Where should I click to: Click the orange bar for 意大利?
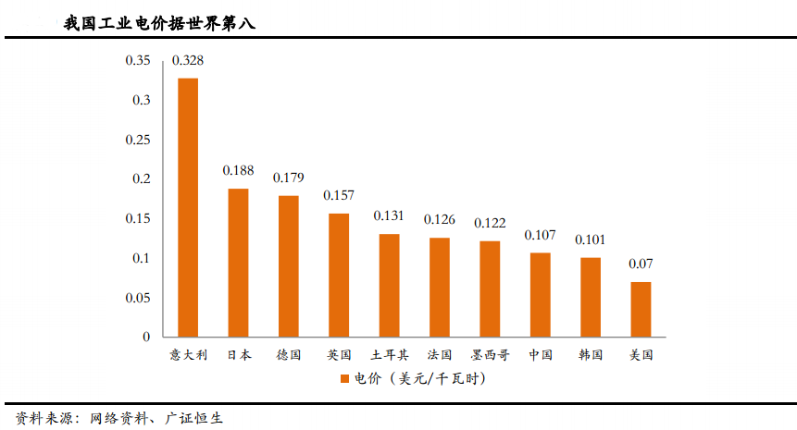(x=188, y=207)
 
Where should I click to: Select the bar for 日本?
(x=238, y=263)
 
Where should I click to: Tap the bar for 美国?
(x=641, y=309)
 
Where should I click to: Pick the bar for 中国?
(x=540, y=294)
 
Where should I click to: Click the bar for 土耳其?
(x=389, y=285)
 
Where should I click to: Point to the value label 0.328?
(x=188, y=61)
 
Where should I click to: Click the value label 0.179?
(x=289, y=178)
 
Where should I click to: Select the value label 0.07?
(x=641, y=264)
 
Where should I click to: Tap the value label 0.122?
(x=490, y=223)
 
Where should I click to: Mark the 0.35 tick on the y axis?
(x=138, y=61)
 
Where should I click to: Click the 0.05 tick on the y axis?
(x=138, y=298)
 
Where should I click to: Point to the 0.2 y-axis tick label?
(x=141, y=179)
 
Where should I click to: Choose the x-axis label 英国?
(x=339, y=354)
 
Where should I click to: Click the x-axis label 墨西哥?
(x=490, y=354)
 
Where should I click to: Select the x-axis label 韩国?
(x=591, y=354)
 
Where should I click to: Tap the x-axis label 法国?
(x=440, y=354)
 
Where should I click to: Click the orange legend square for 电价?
(x=343, y=379)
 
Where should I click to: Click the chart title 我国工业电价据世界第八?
(x=159, y=23)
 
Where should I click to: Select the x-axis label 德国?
(x=289, y=354)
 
